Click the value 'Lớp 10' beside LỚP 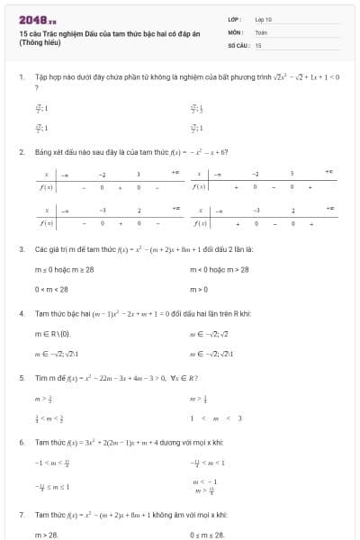(263, 19)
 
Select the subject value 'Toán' (261, 31)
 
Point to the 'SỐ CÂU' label (237, 44)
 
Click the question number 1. (21, 78)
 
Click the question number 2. (21, 152)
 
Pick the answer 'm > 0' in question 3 (199, 289)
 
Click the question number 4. (21, 314)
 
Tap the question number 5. (21, 378)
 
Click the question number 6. (21, 443)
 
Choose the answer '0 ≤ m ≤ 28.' (208, 535)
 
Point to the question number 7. (21, 515)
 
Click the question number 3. (21, 248)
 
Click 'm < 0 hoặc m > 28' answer (220, 269)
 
